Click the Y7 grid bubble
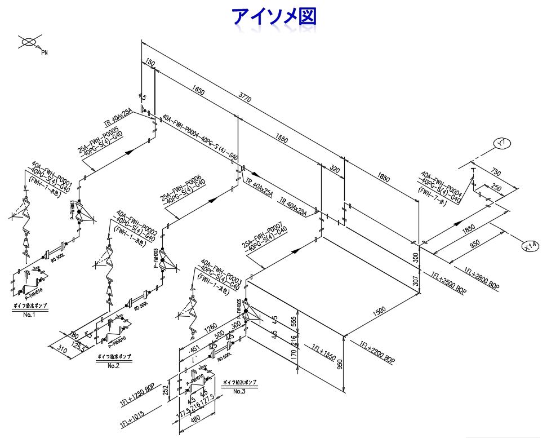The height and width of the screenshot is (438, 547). (502, 144)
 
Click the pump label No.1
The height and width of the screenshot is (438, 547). (29, 315)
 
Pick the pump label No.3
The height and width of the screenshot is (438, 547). (239, 391)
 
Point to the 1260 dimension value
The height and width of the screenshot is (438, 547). (211, 328)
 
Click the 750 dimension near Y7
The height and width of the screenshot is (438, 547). (496, 172)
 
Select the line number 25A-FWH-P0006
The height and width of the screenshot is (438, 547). (180, 188)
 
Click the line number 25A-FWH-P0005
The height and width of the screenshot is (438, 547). (99, 141)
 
